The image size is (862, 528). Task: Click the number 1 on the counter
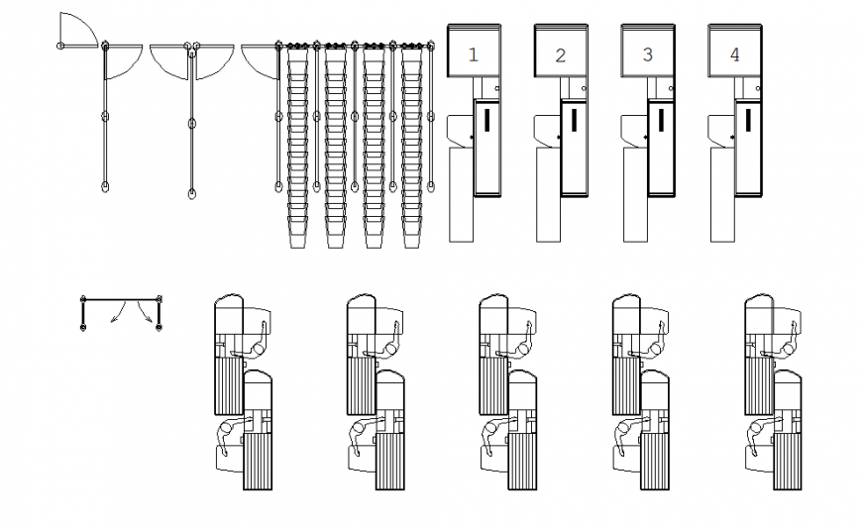(x=473, y=55)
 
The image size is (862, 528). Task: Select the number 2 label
(x=560, y=55)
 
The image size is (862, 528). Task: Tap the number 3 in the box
(x=647, y=55)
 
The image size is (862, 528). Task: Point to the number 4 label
(x=734, y=55)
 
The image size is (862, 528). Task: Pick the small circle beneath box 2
(x=584, y=89)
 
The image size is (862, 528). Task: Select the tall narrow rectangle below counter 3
(x=636, y=194)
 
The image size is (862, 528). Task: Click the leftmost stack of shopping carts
(x=298, y=149)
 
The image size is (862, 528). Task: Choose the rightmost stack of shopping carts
(x=413, y=149)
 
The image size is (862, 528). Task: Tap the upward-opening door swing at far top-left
(x=77, y=30)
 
